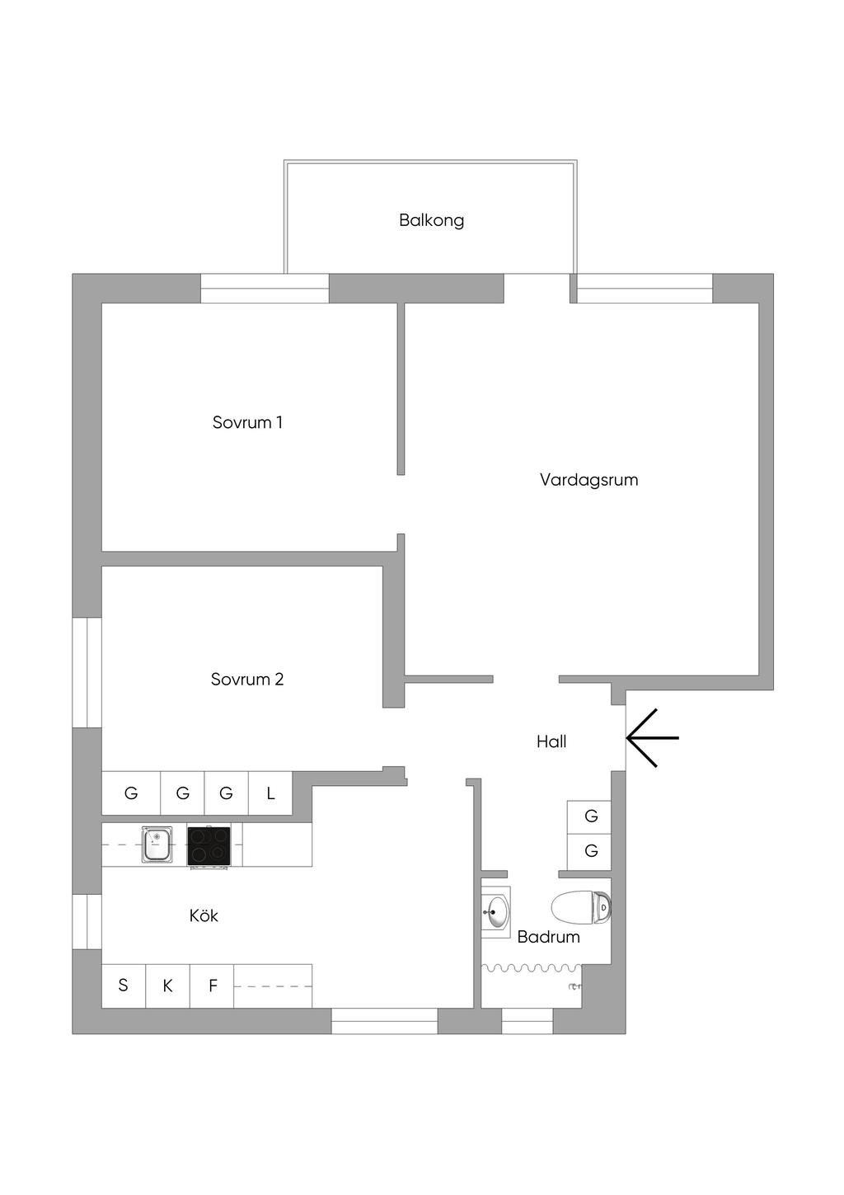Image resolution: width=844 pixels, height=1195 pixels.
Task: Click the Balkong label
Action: tap(431, 220)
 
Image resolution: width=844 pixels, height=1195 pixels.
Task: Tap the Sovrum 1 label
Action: tap(247, 422)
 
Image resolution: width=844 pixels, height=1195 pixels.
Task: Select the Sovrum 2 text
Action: tap(247, 679)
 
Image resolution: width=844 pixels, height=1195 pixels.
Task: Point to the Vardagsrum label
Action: tap(588, 480)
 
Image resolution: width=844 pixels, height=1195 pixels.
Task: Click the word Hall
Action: tap(551, 741)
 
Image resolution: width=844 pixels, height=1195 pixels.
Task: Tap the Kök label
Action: tap(204, 915)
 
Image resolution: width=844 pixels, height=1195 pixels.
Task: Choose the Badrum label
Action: tap(549, 937)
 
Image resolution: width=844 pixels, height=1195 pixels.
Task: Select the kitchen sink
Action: tap(157, 844)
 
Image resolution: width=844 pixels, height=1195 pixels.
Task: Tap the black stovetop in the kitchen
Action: tap(209, 845)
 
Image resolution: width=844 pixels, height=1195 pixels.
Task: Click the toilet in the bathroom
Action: tap(581, 907)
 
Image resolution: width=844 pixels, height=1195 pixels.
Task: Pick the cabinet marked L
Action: tap(270, 793)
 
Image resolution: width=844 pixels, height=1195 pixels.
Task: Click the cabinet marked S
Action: tap(123, 986)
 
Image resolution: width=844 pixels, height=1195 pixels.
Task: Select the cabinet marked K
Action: tap(167, 986)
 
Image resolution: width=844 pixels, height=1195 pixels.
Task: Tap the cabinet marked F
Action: tap(212, 986)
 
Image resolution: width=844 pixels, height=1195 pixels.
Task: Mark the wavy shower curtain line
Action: tap(531, 967)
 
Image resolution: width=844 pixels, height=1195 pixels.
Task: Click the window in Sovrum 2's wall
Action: tap(87, 672)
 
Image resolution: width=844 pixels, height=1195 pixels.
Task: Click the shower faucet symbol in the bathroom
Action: tap(574, 987)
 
